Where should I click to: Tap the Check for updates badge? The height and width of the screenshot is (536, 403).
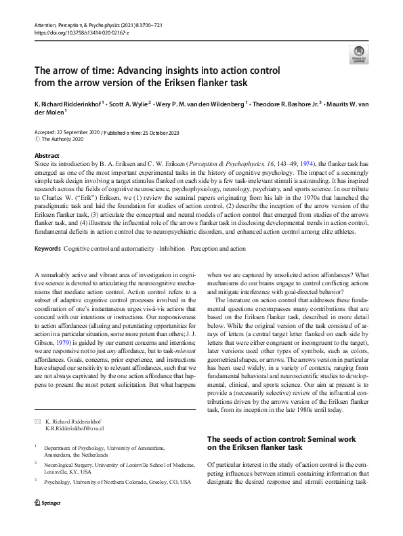click(x=356, y=54)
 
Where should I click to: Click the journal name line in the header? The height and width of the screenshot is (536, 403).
click(x=98, y=25)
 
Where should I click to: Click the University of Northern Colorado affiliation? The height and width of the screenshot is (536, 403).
click(x=117, y=482)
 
